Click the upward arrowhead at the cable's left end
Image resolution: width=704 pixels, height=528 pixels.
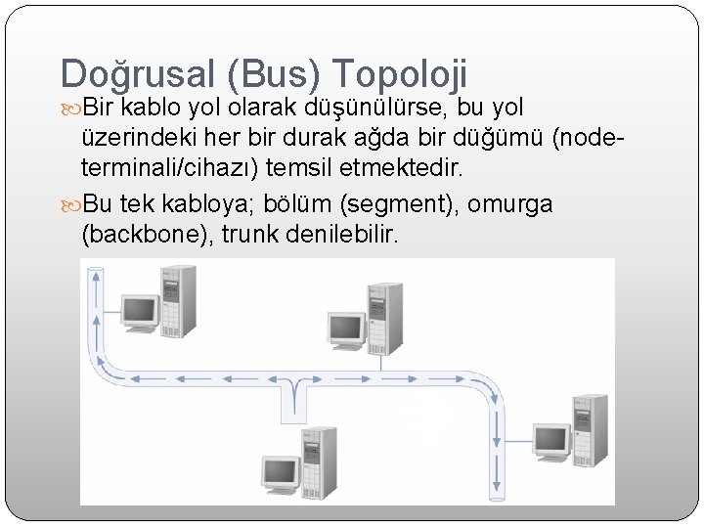(95, 276)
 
